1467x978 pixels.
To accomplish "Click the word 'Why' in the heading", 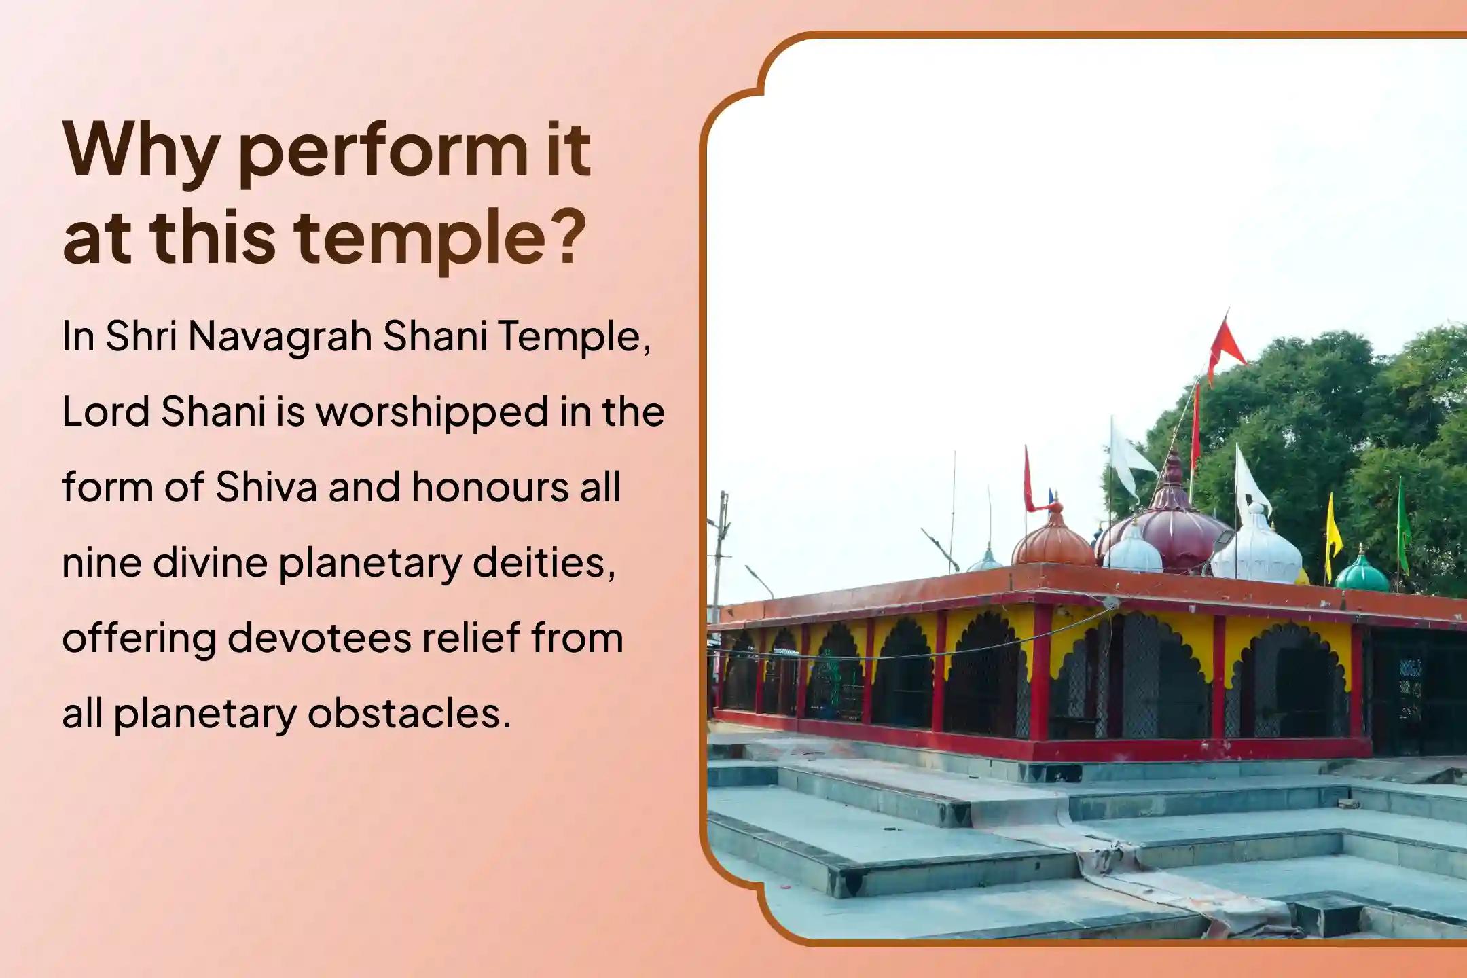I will click(141, 151).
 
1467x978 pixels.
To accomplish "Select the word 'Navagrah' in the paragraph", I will click(280, 336).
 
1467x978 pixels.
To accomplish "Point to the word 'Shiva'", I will click(266, 487).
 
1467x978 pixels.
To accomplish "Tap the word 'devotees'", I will click(319, 638).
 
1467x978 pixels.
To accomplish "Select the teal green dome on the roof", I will click(1361, 574).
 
